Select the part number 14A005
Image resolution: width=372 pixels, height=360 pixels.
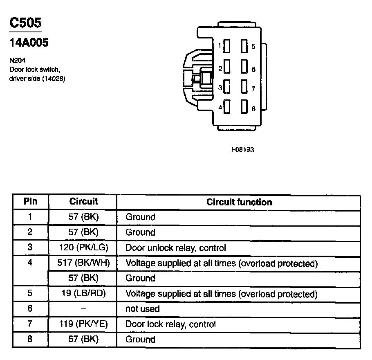click(x=29, y=43)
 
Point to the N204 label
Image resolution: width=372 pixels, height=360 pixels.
click(x=17, y=61)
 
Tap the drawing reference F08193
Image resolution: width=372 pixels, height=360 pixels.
click(x=242, y=150)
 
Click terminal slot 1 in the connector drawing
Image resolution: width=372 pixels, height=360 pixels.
click(x=227, y=46)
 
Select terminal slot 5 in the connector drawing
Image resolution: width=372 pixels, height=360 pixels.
click(x=244, y=46)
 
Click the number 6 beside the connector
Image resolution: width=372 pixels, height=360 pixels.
click(x=253, y=69)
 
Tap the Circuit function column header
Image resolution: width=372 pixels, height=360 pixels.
click(x=239, y=202)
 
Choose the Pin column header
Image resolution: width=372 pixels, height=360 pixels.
click(x=31, y=201)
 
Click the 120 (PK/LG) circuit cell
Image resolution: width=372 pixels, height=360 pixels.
click(x=83, y=248)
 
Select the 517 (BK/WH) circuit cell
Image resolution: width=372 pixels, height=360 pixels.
click(x=83, y=263)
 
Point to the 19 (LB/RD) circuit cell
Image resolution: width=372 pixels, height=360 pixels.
click(x=83, y=294)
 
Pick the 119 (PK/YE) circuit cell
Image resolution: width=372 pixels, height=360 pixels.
click(x=83, y=324)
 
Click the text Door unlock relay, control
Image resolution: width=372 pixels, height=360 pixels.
click(x=175, y=248)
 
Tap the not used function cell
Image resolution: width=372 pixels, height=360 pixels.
click(x=142, y=309)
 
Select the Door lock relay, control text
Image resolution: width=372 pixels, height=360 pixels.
click(x=170, y=324)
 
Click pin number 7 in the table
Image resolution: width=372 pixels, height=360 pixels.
click(x=30, y=324)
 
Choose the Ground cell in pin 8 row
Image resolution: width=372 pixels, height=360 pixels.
click(x=140, y=339)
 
